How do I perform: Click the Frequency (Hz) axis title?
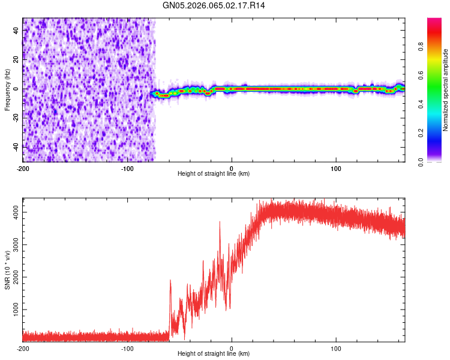click(x=7, y=89)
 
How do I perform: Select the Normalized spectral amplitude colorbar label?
click(x=446, y=90)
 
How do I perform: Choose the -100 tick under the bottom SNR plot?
click(x=127, y=349)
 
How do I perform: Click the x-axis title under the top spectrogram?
click(x=214, y=174)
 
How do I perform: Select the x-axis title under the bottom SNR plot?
click(x=214, y=354)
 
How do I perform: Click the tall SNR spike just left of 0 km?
click(x=220, y=223)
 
